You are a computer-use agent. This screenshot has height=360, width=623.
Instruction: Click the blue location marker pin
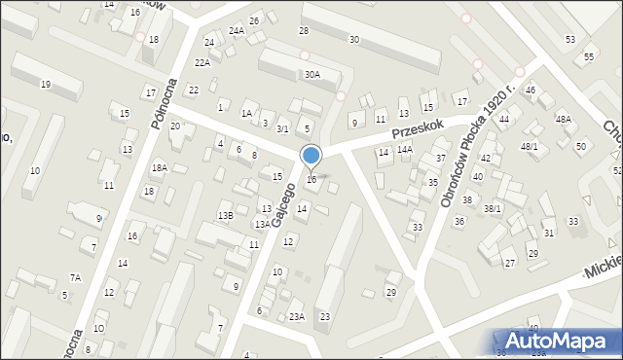click(x=311, y=157)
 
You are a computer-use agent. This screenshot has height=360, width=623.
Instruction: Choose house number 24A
click(x=237, y=31)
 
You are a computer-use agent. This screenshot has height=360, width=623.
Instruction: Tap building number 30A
click(x=311, y=74)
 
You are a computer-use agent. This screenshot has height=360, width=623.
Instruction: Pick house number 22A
click(x=202, y=63)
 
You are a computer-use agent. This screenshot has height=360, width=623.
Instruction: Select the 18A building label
click(x=159, y=167)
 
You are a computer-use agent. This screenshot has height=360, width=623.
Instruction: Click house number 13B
click(x=225, y=216)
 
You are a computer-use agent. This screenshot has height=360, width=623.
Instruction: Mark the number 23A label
click(x=296, y=316)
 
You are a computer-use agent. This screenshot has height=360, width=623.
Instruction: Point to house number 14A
click(x=404, y=150)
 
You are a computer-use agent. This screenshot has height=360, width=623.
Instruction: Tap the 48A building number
click(x=563, y=120)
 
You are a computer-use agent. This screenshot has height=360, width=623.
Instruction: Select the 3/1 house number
click(x=281, y=129)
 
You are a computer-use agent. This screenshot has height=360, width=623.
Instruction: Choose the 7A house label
click(x=75, y=278)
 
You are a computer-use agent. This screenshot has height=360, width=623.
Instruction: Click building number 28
click(x=303, y=31)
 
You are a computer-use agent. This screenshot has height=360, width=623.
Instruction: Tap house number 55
click(x=588, y=57)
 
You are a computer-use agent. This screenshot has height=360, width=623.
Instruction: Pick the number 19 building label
click(x=45, y=86)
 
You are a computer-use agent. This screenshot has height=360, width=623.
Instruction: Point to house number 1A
click(x=246, y=114)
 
